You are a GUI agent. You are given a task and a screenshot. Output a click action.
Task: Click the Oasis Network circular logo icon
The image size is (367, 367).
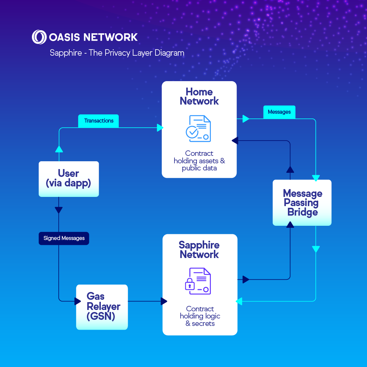coord(39,37)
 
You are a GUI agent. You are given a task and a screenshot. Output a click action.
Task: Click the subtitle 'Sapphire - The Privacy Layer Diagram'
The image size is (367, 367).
coord(117,53)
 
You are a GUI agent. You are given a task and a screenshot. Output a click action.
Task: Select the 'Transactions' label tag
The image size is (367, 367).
coord(98,121)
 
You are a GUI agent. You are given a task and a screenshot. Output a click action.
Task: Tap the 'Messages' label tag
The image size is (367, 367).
coord(279,112)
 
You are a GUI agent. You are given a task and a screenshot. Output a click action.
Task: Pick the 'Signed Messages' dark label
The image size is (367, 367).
coord(64,238)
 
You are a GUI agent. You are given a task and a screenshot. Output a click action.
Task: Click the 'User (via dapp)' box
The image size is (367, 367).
coord(69,179)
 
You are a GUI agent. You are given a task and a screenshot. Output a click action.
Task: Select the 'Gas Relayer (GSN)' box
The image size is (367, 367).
coord(102,307)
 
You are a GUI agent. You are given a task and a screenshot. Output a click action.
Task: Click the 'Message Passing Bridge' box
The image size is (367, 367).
coord(302,203)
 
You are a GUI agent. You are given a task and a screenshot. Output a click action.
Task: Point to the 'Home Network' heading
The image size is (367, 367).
coord(199,96)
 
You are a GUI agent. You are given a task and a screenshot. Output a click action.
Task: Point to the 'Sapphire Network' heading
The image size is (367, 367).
coord(199,250)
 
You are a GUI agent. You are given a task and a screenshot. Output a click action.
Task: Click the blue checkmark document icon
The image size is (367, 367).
coord(198,129)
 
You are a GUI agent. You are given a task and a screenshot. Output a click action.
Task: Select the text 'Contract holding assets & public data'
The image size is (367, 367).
coord(199,161)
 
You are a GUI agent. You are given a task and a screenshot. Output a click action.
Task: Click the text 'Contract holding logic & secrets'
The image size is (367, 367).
coord(200,316)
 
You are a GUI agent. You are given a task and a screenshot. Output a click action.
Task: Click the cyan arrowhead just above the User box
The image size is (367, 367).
coord(59,149)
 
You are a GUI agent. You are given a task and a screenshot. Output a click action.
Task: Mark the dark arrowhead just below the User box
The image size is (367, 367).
coord(59,210)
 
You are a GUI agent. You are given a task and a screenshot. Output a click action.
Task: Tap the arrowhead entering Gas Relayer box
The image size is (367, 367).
coord(77,301)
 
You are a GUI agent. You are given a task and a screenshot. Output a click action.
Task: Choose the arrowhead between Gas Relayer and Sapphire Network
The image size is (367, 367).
coord(164,301)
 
